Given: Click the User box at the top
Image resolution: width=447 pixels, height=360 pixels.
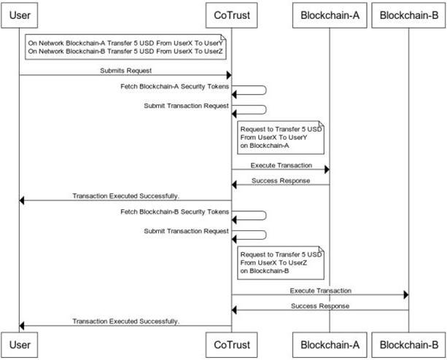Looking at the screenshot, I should tap(20, 15).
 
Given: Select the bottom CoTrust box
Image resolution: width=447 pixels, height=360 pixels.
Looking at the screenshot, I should tap(231, 345).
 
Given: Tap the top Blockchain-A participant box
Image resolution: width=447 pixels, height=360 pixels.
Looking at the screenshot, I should tap(329, 15).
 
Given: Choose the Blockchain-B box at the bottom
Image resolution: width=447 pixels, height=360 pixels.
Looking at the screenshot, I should tap(408, 345).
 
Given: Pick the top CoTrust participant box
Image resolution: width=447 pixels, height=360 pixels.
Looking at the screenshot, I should tap(231, 15).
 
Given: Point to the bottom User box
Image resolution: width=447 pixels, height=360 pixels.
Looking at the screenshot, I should tap(20, 345).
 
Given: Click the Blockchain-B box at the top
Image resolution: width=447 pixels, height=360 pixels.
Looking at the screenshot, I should tap(408, 15).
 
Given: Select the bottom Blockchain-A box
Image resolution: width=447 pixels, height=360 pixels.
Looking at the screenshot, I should tap(329, 345).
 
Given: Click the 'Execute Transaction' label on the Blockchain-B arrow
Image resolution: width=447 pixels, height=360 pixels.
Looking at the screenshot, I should tap(319, 290).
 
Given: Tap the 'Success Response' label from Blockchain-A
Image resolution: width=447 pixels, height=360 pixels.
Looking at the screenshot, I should tap(280, 180).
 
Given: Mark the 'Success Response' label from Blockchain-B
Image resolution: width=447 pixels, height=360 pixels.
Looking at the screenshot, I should tap(319, 305).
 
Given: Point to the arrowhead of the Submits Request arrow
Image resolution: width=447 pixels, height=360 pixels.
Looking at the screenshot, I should tap(228, 76).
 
